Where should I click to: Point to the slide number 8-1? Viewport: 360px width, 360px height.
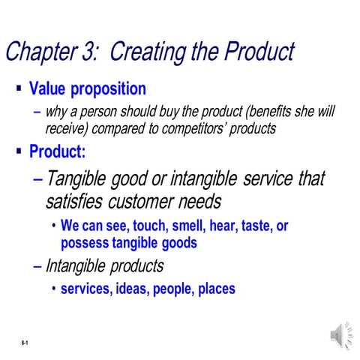(x=25, y=343)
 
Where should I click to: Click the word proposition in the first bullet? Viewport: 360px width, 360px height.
(x=109, y=89)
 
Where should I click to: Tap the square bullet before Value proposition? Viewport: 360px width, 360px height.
(x=18, y=88)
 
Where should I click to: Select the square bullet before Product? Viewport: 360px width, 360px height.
(x=18, y=151)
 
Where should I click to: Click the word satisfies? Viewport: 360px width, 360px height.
(x=75, y=202)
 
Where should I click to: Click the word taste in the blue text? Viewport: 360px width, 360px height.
(x=258, y=226)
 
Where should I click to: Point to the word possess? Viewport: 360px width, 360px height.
(x=86, y=243)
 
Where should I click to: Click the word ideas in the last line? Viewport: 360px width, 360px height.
(x=131, y=289)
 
